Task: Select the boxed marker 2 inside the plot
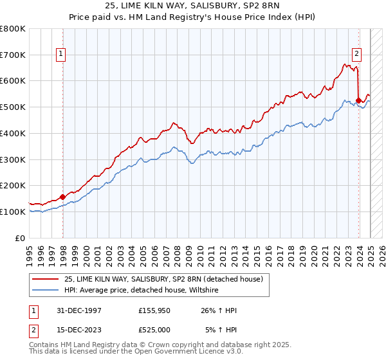pyautogui.click(x=356, y=55)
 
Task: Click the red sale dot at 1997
pyautogui.click(x=62, y=197)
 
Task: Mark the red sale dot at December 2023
pyautogui.click(x=358, y=100)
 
